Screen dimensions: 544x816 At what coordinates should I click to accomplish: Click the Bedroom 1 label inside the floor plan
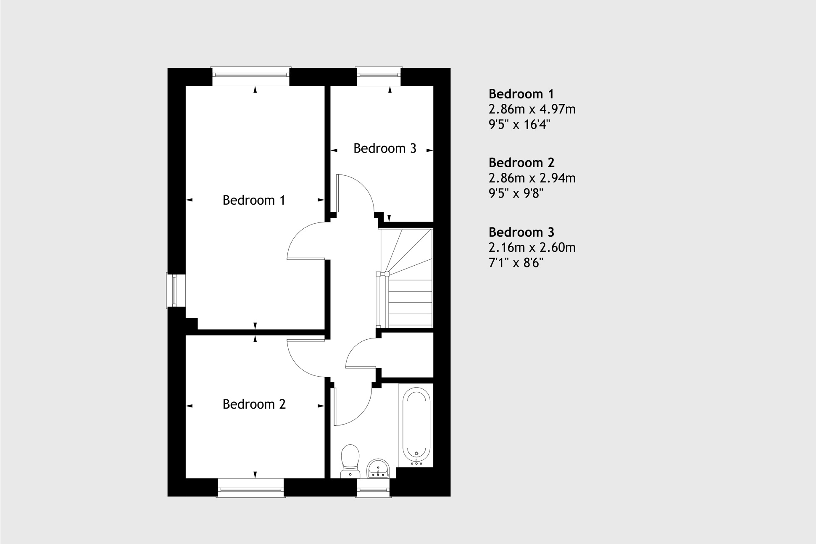tap(254, 200)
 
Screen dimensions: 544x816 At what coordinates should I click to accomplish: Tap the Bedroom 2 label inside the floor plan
tap(254, 404)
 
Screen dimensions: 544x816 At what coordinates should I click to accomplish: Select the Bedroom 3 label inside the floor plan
tap(384, 148)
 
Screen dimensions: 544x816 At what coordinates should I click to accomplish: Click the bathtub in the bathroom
tap(416, 426)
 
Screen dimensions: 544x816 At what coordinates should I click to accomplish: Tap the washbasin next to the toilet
tap(379, 468)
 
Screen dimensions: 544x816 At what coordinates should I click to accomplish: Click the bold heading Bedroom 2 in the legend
tap(521, 162)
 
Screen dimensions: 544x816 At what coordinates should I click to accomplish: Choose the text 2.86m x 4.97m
tap(532, 109)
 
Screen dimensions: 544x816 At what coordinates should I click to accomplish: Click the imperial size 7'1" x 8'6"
tap(516, 263)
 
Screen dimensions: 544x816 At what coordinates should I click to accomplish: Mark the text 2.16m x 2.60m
tap(532, 248)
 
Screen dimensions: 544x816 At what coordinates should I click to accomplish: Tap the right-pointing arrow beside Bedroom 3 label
tap(429, 150)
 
